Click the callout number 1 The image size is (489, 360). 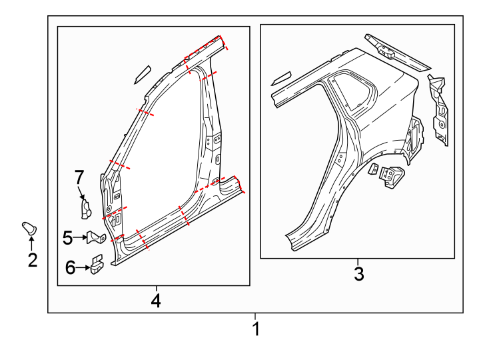click(x=255, y=329)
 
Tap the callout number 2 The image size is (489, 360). click(x=32, y=260)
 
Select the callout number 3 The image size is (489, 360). click(x=358, y=273)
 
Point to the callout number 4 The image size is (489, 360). click(x=155, y=301)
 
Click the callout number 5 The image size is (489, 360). click(x=67, y=237)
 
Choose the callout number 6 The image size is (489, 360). click(x=71, y=268)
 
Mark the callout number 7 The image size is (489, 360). click(x=79, y=177)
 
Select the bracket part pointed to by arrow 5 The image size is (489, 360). click(x=97, y=237)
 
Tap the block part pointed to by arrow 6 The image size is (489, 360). click(x=98, y=265)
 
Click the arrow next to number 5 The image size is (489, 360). click(x=81, y=237)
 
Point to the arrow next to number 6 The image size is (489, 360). click(x=83, y=268)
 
